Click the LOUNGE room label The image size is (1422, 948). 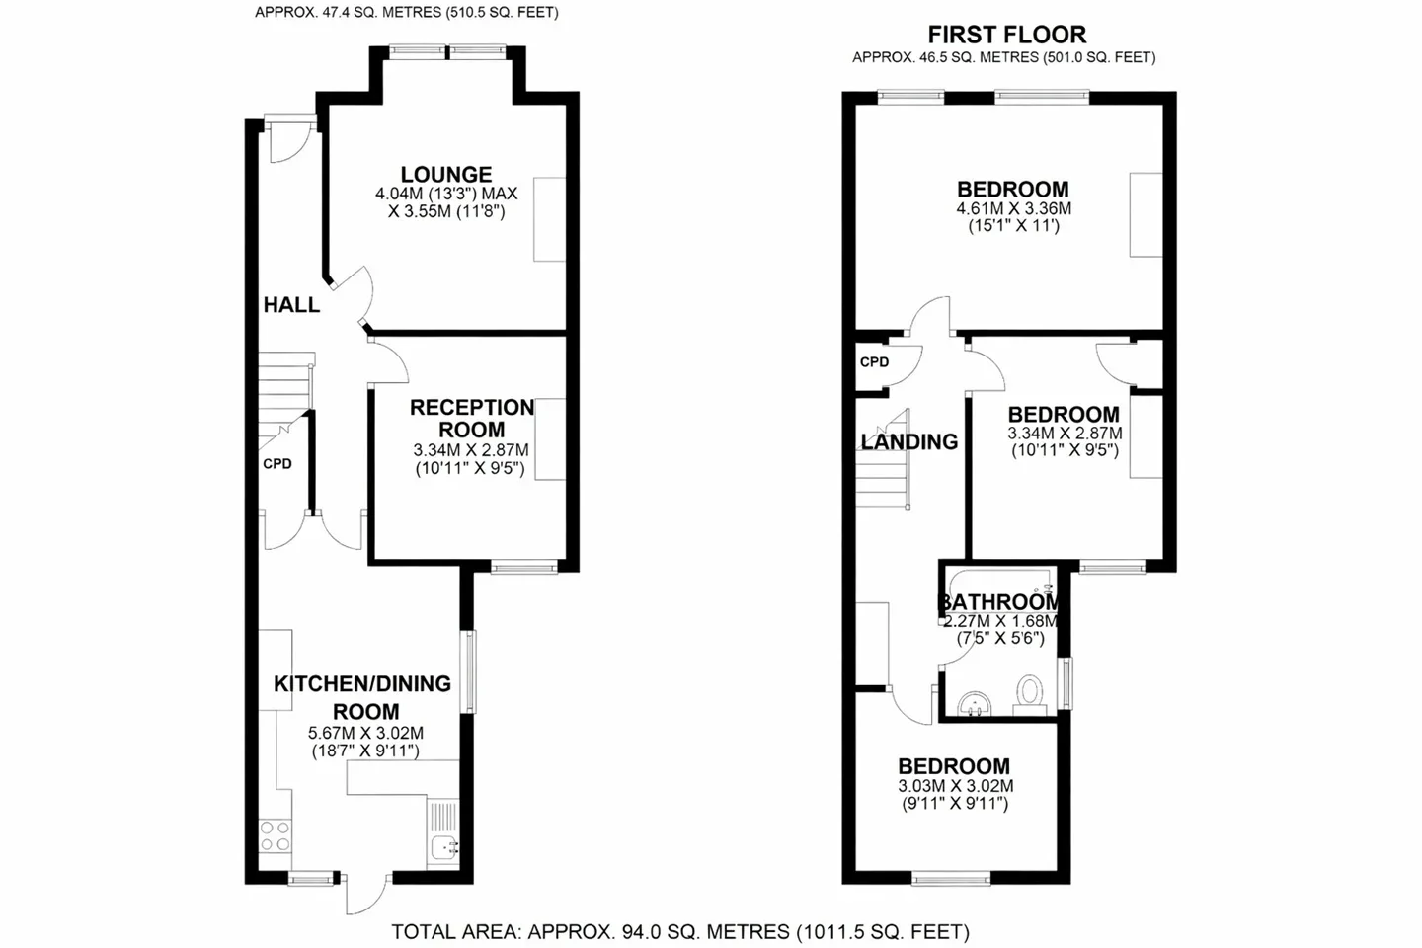click(x=445, y=174)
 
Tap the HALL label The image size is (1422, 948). click(x=291, y=305)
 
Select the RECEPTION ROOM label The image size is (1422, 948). click(x=472, y=419)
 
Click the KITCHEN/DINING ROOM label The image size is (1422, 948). click(x=362, y=697)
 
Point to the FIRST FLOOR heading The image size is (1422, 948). click(x=1007, y=34)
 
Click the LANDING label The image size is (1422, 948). click(x=909, y=441)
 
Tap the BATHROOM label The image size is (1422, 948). click(x=999, y=601)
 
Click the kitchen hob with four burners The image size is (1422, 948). click(x=276, y=835)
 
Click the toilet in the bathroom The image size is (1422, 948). click(x=1029, y=694)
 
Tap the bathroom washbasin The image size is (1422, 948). click(x=975, y=703)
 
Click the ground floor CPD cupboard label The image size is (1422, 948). click(x=277, y=464)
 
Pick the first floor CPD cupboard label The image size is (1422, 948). click(x=874, y=362)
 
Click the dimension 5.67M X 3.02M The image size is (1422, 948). click(x=365, y=733)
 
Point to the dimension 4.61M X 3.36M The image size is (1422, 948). click(x=1014, y=208)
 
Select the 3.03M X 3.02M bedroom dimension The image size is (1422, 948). click(x=956, y=785)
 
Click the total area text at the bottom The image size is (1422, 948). click(x=679, y=932)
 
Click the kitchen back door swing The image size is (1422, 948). click(x=366, y=894)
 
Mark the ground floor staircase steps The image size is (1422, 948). click(x=285, y=395)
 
